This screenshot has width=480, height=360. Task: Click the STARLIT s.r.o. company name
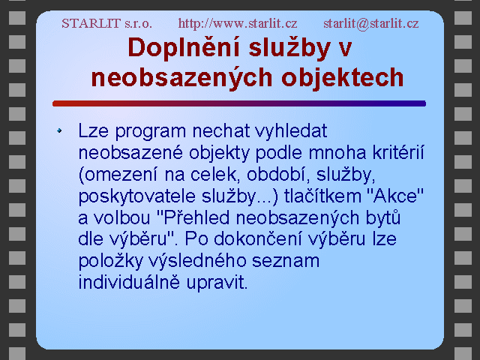106,23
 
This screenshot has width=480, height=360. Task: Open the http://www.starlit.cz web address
238,23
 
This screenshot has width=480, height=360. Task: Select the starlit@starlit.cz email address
371,23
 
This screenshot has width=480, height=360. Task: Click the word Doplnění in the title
184,48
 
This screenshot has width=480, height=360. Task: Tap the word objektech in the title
343,78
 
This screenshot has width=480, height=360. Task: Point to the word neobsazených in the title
181,78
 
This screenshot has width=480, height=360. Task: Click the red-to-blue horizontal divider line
239,103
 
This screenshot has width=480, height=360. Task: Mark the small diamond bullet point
59,130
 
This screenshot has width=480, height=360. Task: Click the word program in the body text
150,132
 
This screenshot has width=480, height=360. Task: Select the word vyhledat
291,132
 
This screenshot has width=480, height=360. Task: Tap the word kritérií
398,152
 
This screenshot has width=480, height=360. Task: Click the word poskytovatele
136,196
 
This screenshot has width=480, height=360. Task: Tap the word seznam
286,261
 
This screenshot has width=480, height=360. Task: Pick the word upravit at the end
217,283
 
